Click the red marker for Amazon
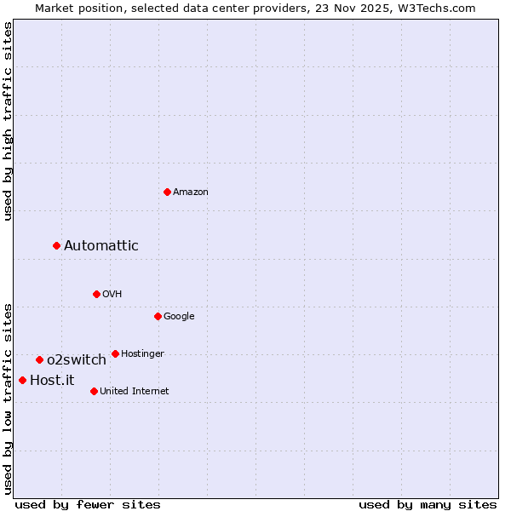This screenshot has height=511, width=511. (167, 192)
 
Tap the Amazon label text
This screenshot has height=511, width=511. (191, 192)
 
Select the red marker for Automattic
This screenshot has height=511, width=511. (56, 245)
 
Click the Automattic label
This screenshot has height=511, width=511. (101, 246)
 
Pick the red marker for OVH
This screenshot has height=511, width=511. (96, 294)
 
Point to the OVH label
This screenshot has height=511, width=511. (112, 295)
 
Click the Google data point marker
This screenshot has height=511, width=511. (158, 316)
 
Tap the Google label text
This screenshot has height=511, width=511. (179, 317)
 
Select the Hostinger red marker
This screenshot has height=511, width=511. (115, 353)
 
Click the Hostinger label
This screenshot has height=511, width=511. (142, 354)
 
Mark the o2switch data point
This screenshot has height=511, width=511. (39, 359)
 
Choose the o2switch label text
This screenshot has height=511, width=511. (77, 360)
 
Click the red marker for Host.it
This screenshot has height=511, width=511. (22, 380)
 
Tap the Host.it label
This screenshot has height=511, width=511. (52, 381)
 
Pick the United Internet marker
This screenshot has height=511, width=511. (94, 391)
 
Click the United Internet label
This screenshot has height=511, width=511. (135, 392)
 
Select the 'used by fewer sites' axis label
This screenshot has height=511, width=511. (88, 504)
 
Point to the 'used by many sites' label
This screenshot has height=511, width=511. (428, 504)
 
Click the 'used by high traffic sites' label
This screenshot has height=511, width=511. (8, 121)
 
